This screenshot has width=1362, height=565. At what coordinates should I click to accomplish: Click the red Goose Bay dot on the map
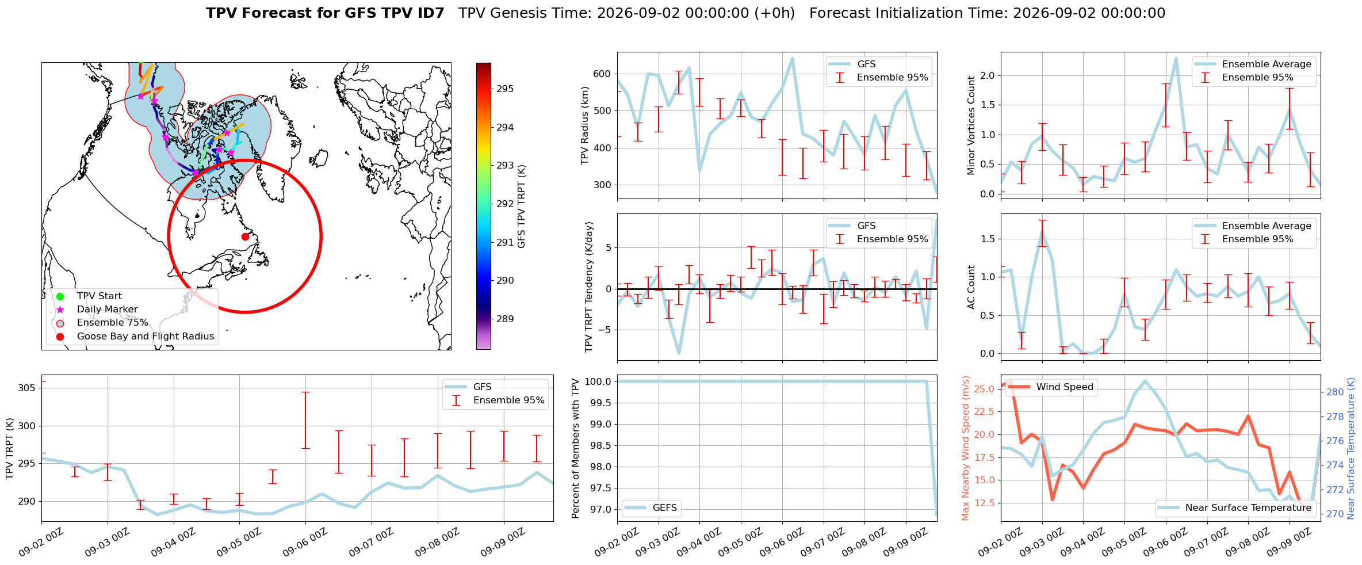click(x=245, y=236)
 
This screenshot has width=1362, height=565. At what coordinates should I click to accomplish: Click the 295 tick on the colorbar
click(x=506, y=89)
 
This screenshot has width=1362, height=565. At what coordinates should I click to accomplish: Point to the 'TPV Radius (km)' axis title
click(x=585, y=125)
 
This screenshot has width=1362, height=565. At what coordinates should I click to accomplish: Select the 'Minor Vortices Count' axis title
click(x=971, y=125)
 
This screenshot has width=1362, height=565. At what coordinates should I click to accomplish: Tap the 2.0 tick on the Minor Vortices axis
click(x=988, y=76)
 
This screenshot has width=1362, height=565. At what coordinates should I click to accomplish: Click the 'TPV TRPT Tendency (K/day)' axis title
click(x=588, y=287)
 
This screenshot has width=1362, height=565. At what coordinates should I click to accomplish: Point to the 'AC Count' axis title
click(x=971, y=287)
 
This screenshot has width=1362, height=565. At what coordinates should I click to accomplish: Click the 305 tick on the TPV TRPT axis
click(x=26, y=388)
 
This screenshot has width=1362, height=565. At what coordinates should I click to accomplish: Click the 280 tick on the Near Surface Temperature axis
click(x=1335, y=392)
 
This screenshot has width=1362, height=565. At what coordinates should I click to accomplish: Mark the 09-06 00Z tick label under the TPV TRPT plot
click(x=304, y=543)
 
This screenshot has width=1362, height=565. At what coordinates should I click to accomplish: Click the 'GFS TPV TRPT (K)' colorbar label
click(x=522, y=207)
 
